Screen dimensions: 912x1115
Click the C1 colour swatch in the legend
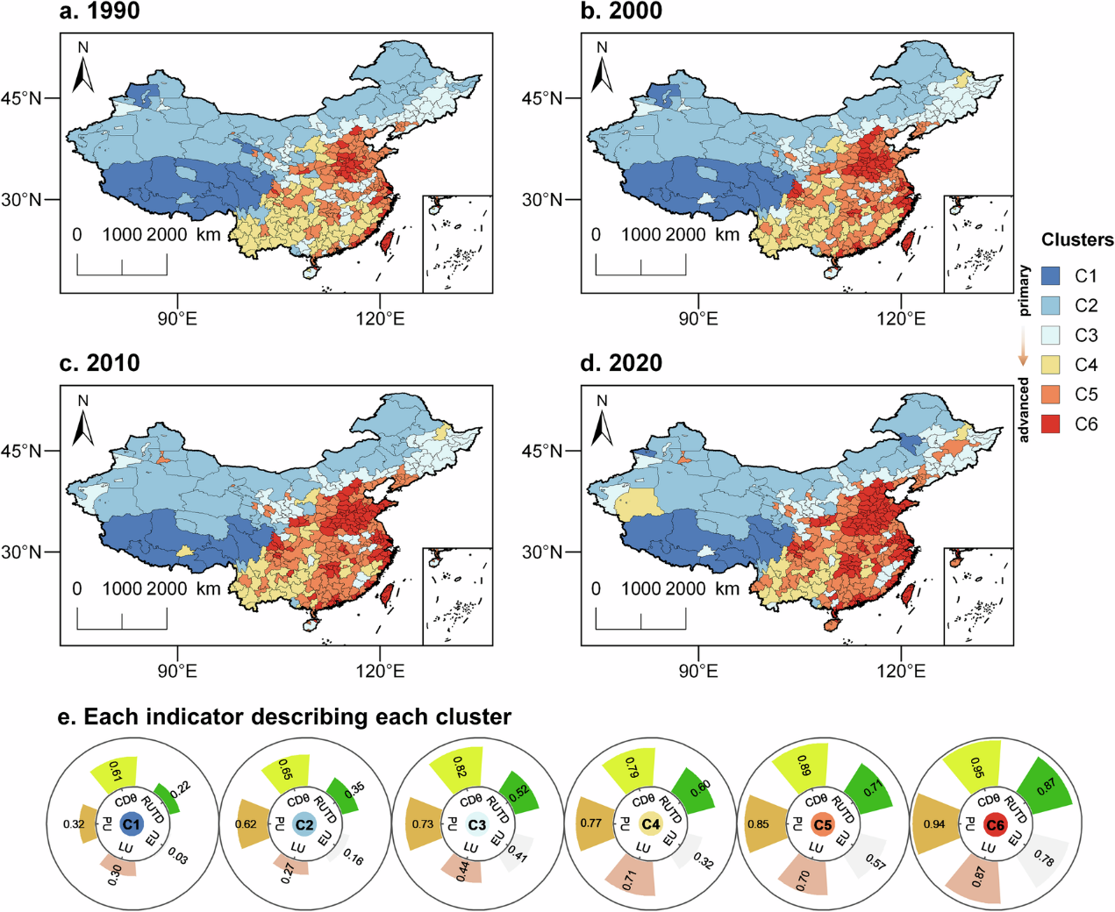click(1051, 275)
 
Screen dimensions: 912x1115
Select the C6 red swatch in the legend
click(1051, 424)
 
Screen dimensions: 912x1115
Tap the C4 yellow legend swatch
click(1051, 365)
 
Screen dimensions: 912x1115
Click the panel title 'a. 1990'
click(99, 11)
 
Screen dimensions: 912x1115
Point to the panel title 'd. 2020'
click(621, 363)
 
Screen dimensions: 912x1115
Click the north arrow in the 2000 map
click(602, 68)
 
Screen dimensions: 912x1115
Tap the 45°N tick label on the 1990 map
click(25, 98)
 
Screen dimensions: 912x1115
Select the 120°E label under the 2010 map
click(380, 671)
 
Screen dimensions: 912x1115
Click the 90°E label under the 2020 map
click(698, 671)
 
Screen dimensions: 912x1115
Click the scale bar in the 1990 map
click(122, 265)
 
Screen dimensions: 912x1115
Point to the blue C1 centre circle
click(131, 824)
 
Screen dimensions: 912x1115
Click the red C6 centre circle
click(995, 824)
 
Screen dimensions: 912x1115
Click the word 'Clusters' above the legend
click(1076, 240)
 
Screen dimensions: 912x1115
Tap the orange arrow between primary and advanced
click(1023, 347)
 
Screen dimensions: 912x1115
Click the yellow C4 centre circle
click(650, 824)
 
